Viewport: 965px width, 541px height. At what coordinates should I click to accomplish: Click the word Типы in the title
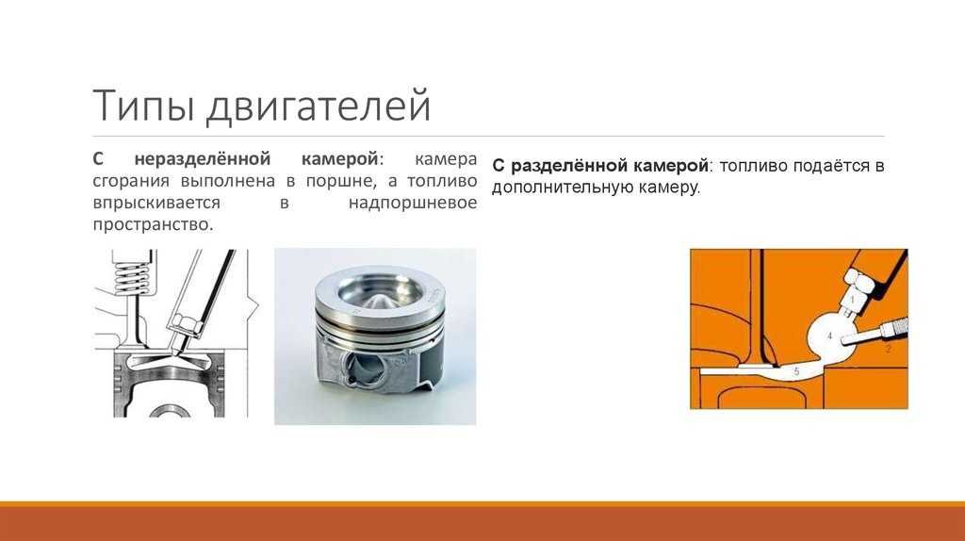coord(143,106)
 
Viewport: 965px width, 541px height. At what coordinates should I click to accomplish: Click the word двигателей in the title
coord(319,106)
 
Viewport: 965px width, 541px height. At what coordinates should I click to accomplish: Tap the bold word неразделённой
coord(203,158)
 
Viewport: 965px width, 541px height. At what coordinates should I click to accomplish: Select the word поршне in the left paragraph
coord(340,181)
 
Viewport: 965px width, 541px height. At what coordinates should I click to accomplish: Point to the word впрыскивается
coord(156,203)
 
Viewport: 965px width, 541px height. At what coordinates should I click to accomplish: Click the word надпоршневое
coord(413,203)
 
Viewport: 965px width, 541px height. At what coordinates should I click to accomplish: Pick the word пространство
coord(153,224)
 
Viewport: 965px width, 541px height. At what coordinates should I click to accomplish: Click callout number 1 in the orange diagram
coord(852,301)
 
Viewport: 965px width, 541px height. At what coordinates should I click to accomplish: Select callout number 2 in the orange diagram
coord(888,349)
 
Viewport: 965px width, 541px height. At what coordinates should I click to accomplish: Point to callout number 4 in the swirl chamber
coord(829,336)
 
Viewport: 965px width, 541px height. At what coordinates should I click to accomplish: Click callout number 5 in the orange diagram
coord(796,371)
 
